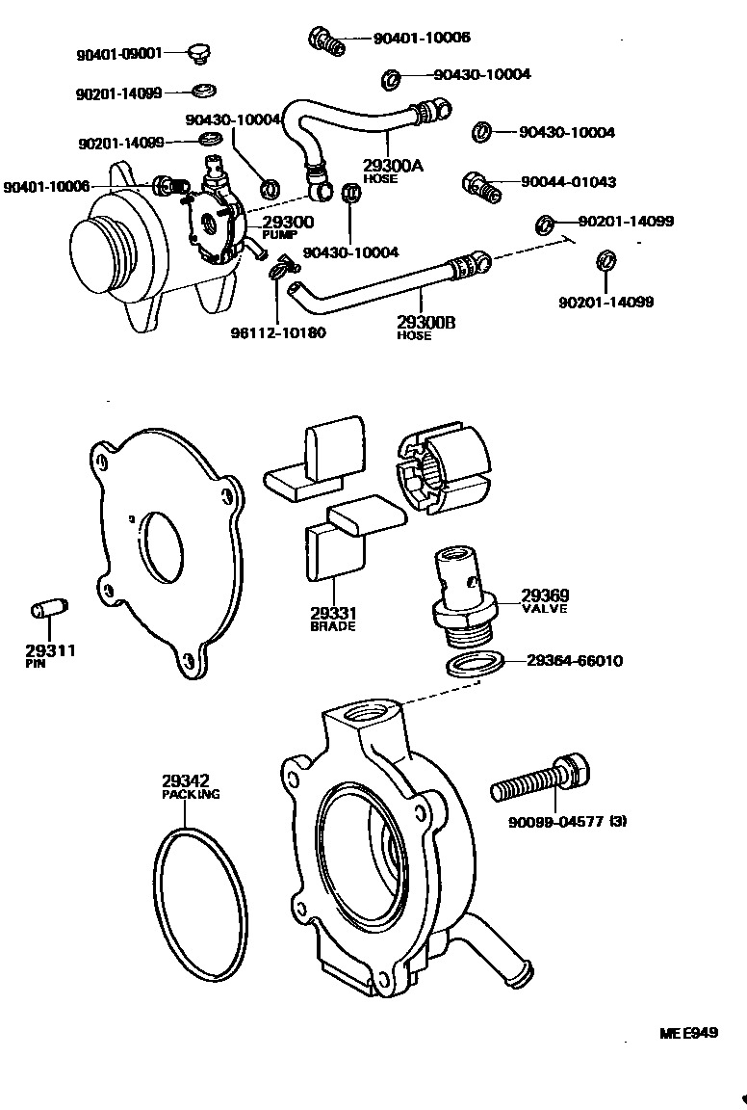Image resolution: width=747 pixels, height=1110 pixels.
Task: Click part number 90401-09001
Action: (119, 55)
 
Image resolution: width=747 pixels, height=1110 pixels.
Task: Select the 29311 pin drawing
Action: (46, 610)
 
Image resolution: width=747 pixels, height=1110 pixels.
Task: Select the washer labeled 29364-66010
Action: (475, 665)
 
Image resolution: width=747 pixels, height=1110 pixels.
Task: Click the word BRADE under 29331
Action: (333, 626)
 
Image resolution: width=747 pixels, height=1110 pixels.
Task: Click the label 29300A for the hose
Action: (392, 165)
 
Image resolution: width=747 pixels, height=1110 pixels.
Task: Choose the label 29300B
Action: (425, 322)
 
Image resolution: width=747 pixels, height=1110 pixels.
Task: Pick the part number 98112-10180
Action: (278, 333)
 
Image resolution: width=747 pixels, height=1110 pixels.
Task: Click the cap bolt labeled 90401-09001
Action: (198, 53)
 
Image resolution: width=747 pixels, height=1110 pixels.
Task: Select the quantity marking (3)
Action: (618, 822)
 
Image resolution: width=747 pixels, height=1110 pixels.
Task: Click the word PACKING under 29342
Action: (191, 795)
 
